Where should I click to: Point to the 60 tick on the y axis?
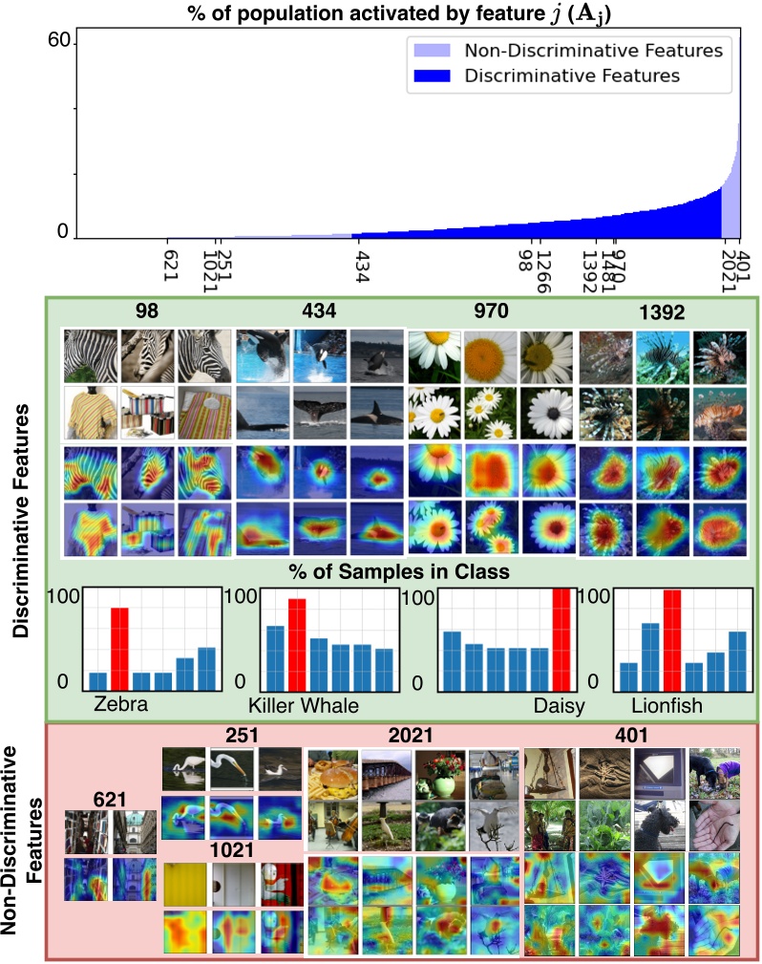pos(58,39)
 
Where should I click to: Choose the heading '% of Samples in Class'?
pos(400,572)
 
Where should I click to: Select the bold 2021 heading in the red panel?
pos(411,736)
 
